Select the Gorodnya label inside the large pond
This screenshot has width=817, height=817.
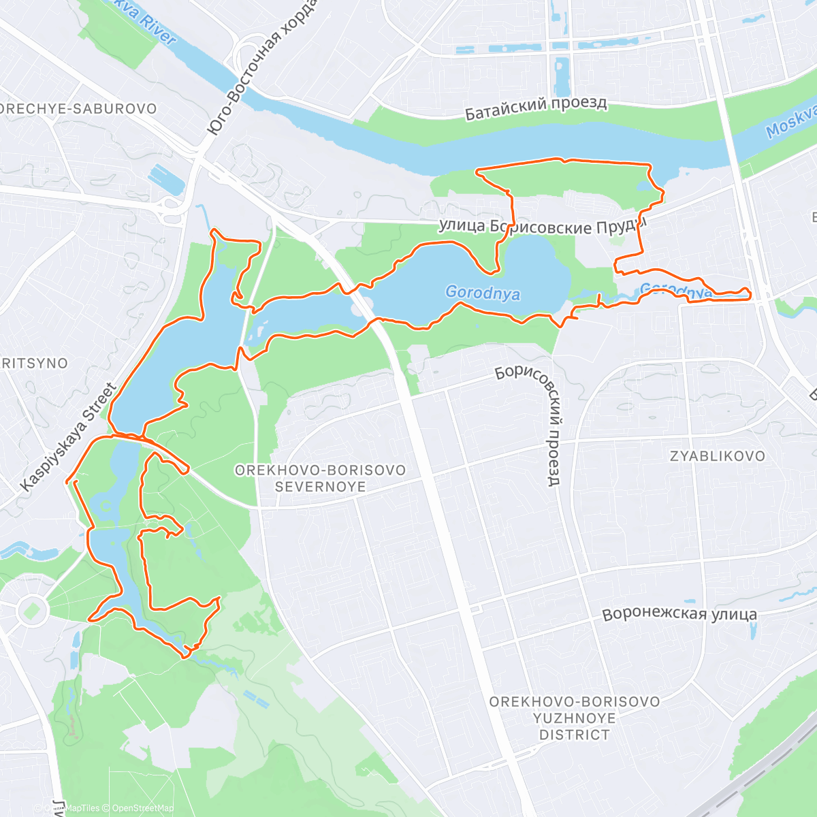tap(483, 293)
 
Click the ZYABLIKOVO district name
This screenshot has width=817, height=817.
tap(718, 456)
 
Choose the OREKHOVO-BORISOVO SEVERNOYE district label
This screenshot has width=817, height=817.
tap(320, 478)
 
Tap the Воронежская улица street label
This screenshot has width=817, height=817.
tap(679, 614)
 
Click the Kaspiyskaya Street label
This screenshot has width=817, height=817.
tap(69, 437)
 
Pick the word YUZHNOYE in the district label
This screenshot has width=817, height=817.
tap(575, 718)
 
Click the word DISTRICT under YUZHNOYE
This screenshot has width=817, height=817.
tap(575, 735)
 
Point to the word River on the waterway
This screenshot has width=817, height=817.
tap(158, 25)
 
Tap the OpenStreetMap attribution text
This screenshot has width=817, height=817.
tap(140, 808)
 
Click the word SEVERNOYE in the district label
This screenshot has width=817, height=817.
tap(320, 487)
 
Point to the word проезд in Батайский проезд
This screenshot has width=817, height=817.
tap(579, 104)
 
